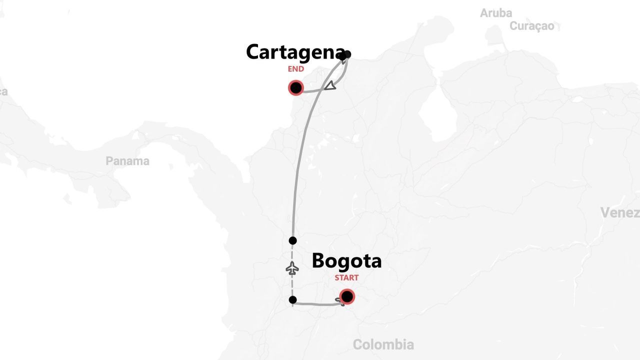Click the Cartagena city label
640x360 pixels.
pos(295,52)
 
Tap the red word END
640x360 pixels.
pos(295,69)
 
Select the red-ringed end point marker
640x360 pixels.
pos(296,88)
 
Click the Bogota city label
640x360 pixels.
pos(346,261)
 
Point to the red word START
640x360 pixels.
pos(346,278)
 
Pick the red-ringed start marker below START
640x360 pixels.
pos(346,297)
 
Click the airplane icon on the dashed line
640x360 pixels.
pos(292,268)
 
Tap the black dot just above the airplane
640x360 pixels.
pos(293,240)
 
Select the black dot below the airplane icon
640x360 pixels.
pos(293,300)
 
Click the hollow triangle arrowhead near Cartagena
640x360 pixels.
pos(330,86)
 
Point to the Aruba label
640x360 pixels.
pos(496,13)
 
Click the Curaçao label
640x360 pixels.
pos(532,26)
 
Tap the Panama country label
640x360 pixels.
pos(127,161)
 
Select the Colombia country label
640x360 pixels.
pos(383,344)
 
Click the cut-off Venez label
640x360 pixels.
pos(620,213)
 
